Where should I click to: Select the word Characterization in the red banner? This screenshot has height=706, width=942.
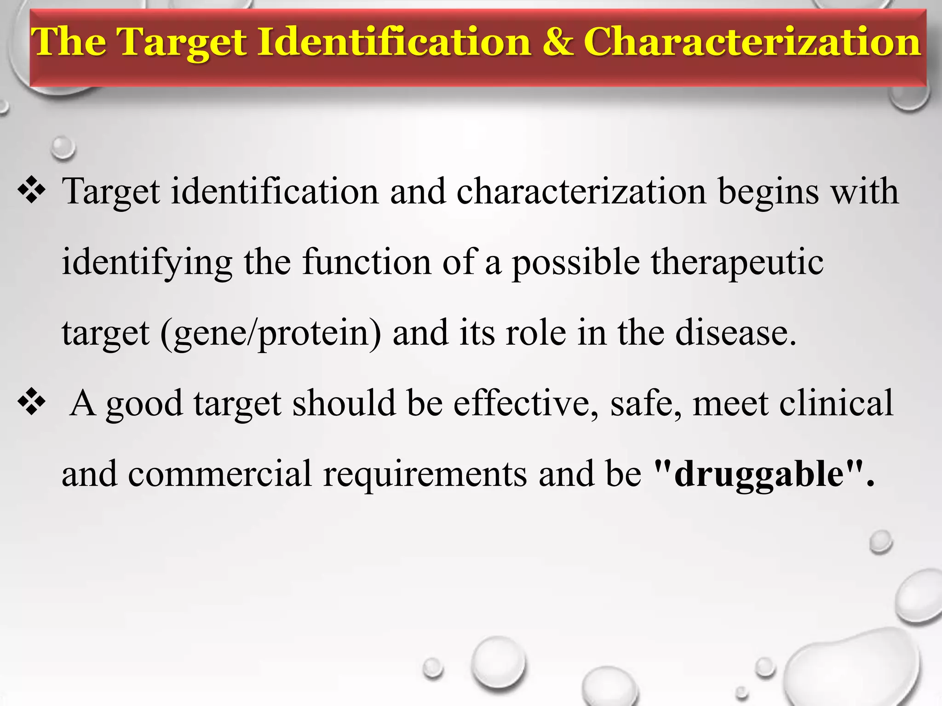[x=752, y=42]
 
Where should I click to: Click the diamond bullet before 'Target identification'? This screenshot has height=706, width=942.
[x=31, y=190]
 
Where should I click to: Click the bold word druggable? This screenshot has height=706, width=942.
[x=759, y=474]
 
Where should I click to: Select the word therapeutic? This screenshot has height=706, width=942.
[x=736, y=262]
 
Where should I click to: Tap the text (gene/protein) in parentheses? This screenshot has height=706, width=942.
[x=270, y=334]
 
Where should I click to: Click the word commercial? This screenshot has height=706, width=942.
[x=220, y=474]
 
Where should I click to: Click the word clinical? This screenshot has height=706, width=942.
[x=836, y=404]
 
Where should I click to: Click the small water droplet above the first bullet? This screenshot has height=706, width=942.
[x=63, y=148]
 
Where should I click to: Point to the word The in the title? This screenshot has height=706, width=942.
[x=69, y=42]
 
